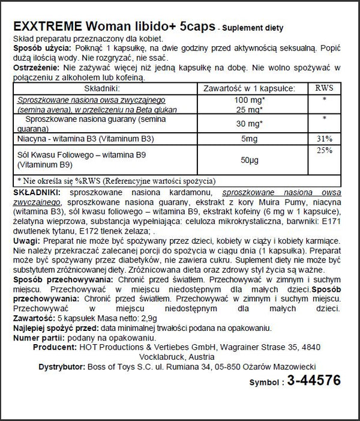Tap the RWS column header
(324, 88)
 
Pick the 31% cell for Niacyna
(324, 139)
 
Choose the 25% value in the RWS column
(324, 150)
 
